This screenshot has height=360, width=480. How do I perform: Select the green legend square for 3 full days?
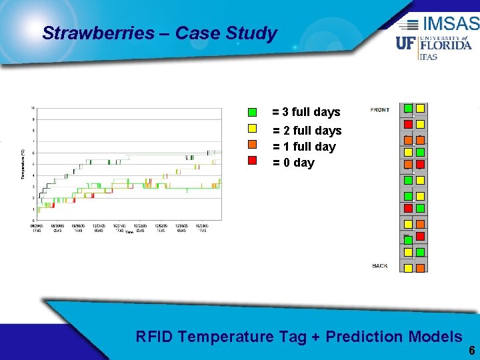(253, 112)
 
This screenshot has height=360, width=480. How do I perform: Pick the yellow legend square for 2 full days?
(253, 129)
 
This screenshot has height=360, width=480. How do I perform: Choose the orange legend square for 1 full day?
(253, 144)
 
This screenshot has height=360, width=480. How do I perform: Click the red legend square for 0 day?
(253, 160)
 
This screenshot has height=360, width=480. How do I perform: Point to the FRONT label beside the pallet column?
(380, 109)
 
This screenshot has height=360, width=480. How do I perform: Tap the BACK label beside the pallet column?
(380, 266)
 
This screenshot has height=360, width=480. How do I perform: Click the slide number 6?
(471, 351)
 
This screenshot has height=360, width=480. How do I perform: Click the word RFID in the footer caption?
(155, 337)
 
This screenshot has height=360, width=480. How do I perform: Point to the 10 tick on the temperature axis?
(33, 108)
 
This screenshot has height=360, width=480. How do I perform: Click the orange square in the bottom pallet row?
(421, 267)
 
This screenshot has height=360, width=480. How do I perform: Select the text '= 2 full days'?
(307, 131)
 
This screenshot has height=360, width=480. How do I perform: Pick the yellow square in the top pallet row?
(421, 109)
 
